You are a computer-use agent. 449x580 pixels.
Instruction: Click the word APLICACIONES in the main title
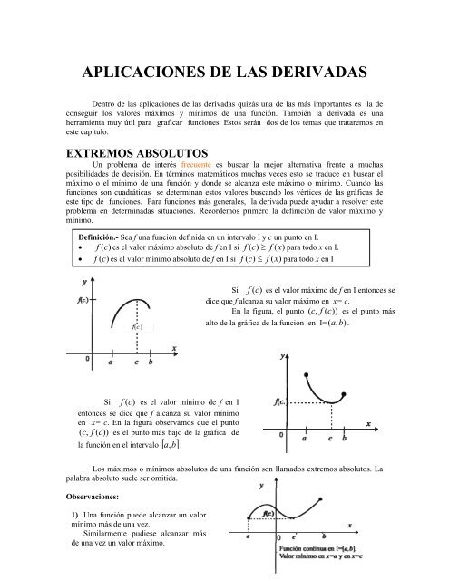coord(144,72)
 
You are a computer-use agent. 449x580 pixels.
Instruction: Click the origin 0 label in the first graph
coord(87,360)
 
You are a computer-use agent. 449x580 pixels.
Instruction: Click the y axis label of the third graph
coord(262,487)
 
